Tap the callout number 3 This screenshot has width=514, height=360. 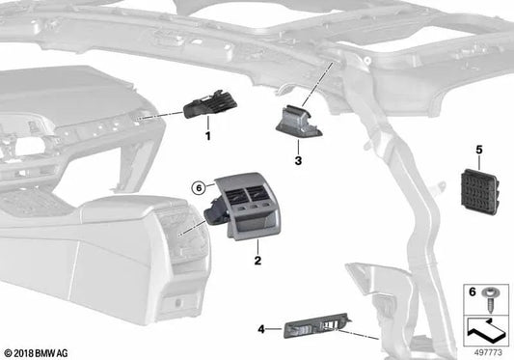point(298,160)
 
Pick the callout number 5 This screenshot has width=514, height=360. point(477,150)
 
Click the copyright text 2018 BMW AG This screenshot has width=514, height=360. point(39,351)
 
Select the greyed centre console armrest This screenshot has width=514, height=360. point(96,232)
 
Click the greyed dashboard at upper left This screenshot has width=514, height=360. point(58,116)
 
